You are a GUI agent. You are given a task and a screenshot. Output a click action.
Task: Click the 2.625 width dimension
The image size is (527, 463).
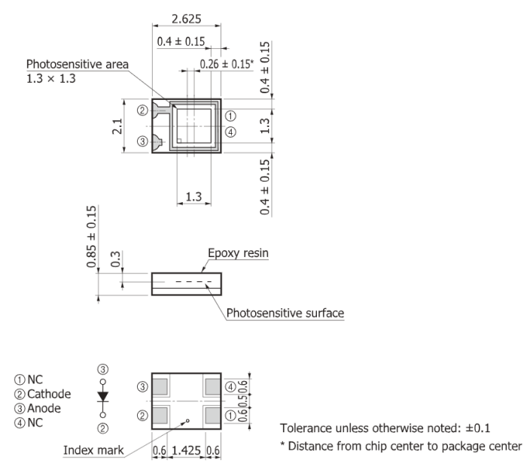tap(187, 19)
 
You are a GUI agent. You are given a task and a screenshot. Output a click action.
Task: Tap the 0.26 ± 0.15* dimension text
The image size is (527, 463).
tap(227, 64)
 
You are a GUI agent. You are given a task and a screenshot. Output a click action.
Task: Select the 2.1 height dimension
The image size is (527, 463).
tap(117, 126)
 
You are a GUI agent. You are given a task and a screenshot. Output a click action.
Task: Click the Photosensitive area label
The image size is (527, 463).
tap(78, 64)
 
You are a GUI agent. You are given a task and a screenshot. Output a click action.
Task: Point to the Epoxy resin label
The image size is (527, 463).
tap(239, 253)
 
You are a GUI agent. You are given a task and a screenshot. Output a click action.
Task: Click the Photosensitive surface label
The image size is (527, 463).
tap(285, 313)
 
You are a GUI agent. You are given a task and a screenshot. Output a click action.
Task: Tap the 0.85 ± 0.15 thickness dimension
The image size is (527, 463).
tap(91, 237)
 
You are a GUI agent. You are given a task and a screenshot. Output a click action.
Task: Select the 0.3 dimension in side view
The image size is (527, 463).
tap(115, 259)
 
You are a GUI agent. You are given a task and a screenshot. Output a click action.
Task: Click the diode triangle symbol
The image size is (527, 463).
tap(103, 396)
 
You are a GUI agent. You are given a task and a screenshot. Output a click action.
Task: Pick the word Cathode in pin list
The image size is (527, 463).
tap(49, 394)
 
